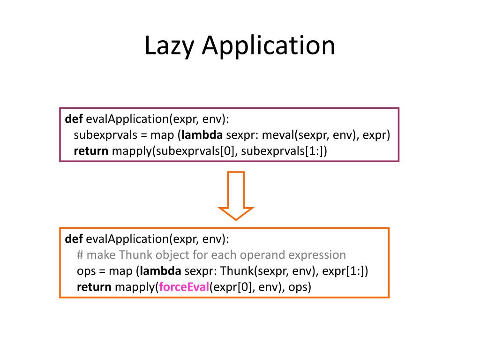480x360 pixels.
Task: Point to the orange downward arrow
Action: click(x=236, y=195)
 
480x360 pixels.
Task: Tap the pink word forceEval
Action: click(x=184, y=287)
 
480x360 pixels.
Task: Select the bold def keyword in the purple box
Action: click(x=74, y=119)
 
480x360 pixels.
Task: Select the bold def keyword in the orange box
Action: click(x=74, y=239)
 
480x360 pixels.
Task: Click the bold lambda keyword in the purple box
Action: click(x=202, y=135)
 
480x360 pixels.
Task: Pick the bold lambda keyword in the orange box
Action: click(x=161, y=271)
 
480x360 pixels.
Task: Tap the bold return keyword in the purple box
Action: click(x=91, y=151)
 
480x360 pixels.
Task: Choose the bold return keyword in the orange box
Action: click(x=94, y=287)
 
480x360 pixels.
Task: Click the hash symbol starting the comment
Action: click(x=80, y=255)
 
